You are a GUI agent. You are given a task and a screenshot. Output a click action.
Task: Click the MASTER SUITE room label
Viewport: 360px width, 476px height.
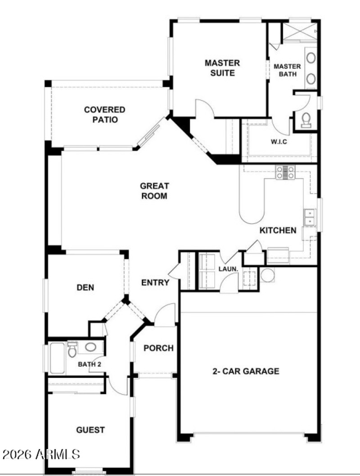tap(222, 68)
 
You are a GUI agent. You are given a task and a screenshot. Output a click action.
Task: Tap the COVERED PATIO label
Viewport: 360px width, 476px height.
tap(105, 115)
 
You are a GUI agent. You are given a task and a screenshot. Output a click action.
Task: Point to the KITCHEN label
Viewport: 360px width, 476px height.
tap(278, 231)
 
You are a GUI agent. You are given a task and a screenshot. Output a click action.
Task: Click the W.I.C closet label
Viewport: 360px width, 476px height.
tap(279, 142)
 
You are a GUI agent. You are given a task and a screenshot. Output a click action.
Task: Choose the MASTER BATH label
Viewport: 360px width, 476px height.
tap(287, 70)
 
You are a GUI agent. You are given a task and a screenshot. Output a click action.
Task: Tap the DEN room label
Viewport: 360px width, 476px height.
tap(85, 287)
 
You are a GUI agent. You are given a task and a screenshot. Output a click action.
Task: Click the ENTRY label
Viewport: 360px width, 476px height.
tap(155, 283)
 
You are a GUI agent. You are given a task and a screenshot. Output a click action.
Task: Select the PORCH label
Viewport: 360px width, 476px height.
tap(158, 348)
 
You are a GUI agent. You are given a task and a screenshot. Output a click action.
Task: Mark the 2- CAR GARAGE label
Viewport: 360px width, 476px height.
tap(246, 372)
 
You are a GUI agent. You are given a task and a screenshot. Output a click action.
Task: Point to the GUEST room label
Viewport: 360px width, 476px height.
tap(90, 430)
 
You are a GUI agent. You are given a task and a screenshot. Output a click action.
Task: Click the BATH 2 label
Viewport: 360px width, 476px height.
tap(90, 364)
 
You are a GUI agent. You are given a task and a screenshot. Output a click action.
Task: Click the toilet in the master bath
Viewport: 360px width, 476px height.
tap(306, 119)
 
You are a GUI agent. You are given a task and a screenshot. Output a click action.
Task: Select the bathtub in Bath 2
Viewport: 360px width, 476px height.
tap(57, 358)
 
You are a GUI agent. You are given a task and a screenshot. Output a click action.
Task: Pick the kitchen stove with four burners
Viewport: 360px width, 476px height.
tap(285, 172)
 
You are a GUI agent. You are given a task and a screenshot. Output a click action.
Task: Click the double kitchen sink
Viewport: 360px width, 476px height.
tap(310, 217)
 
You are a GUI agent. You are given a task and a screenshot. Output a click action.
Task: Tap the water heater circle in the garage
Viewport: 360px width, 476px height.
tap(267, 275)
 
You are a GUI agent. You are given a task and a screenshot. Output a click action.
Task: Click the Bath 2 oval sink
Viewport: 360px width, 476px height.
tap(91, 347)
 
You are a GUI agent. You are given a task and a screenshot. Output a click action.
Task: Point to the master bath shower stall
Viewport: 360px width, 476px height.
tap(299, 31)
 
